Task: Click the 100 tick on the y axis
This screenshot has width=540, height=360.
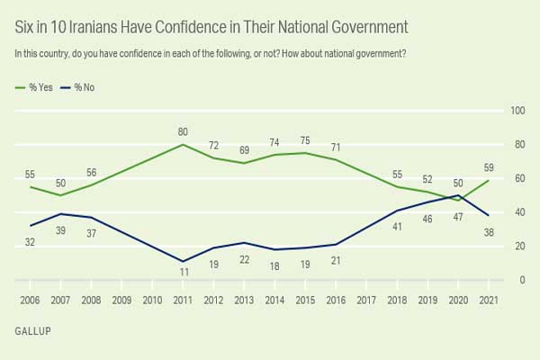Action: pos(517,111)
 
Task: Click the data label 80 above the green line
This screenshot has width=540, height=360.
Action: pos(184,131)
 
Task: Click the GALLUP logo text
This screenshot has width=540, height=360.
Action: pos(32,331)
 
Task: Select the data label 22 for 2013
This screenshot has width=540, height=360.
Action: pos(245,258)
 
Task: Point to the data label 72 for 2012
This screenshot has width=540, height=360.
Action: pos(214,145)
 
